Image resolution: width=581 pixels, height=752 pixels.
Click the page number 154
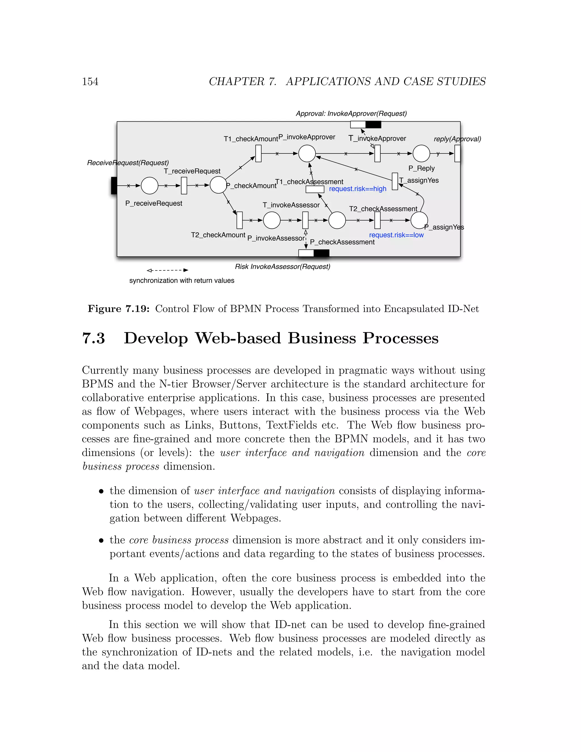click(90, 82)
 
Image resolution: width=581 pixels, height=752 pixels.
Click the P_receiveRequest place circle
click(150, 186)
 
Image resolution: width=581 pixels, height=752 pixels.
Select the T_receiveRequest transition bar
click(184, 186)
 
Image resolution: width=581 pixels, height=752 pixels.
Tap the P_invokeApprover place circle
click(307, 154)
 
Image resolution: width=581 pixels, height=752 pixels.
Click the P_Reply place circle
click(421, 154)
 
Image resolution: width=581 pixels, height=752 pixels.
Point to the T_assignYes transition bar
click(395, 181)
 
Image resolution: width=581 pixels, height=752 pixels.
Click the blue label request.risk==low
click(396, 235)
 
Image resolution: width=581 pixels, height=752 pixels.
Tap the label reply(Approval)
click(457, 139)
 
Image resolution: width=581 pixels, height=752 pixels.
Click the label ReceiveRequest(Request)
click(128, 163)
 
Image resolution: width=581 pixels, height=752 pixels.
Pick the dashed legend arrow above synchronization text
click(167, 270)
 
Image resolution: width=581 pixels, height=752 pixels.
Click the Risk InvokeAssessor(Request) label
click(282, 266)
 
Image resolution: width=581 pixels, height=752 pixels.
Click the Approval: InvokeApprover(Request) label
click(351, 114)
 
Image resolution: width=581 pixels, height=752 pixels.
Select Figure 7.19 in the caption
click(118, 309)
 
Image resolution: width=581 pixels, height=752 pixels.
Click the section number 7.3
click(93, 338)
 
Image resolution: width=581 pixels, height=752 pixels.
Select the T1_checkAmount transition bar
click(258, 154)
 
